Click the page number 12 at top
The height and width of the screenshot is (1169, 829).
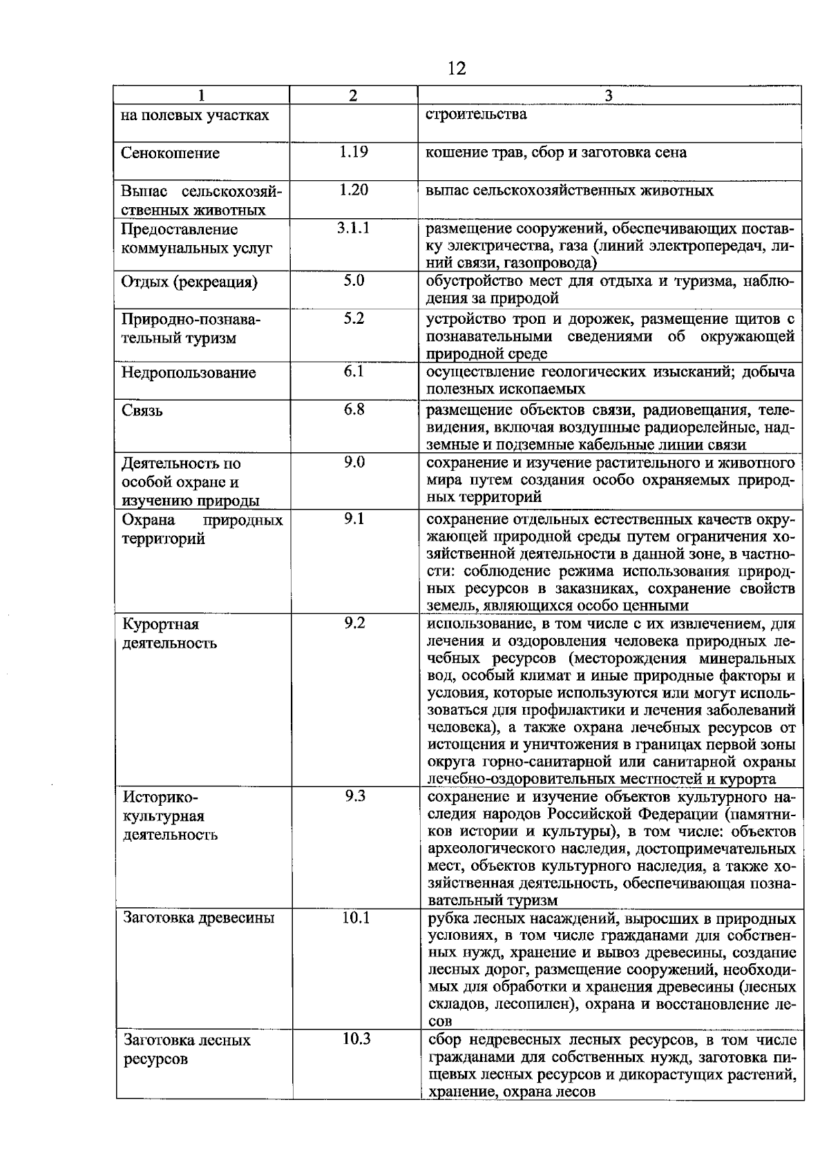click(457, 68)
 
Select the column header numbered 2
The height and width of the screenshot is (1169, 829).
click(353, 96)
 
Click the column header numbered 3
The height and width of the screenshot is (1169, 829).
click(609, 96)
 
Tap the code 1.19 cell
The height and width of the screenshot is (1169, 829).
click(353, 152)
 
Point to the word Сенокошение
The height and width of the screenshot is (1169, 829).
click(170, 153)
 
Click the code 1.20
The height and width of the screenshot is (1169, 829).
click(353, 190)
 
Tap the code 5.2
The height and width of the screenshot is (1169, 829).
click(353, 318)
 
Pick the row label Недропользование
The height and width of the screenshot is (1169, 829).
click(189, 373)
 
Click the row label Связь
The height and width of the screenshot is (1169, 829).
click(142, 410)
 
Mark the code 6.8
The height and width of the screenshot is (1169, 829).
click(353, 409)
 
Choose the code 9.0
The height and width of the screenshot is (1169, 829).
click(353, 462)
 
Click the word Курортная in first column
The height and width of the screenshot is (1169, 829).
click(160, 624)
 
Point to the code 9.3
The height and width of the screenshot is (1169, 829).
click(354, 797)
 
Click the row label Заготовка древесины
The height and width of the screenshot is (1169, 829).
click(198, 918)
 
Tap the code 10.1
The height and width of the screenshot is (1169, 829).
click(356, 918)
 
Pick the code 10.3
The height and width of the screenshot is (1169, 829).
click(356, 1039)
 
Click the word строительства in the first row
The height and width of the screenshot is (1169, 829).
click(476, 114)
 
